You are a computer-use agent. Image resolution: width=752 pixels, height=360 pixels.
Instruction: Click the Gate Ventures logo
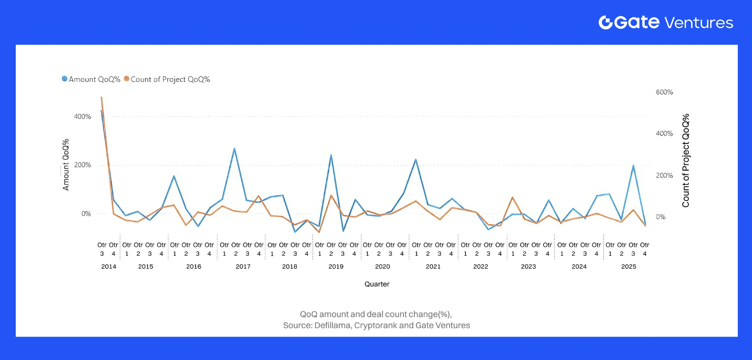coord(665,22)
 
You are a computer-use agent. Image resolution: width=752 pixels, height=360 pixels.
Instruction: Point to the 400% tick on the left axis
coord(82,116)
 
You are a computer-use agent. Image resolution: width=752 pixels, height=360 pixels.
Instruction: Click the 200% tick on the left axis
coord(82,165)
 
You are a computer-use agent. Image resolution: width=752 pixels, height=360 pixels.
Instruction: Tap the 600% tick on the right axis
coord(664,92)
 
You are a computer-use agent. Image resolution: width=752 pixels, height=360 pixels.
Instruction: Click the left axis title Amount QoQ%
coord(66,164)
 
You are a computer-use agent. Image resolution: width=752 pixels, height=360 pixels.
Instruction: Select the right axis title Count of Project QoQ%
coord(686,160)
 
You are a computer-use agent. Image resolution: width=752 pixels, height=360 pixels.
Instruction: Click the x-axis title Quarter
coord(377,284)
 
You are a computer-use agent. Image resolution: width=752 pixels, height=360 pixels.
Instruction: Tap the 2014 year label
coord(108,267)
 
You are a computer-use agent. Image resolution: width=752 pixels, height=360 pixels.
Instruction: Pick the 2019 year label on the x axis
coord(336,267)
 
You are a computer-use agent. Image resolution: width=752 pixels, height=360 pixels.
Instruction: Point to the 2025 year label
coord(628,267)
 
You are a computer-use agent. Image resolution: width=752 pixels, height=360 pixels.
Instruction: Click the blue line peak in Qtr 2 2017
coord(235,149)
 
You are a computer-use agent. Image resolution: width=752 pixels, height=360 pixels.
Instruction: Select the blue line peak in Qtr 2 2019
coord(331,155)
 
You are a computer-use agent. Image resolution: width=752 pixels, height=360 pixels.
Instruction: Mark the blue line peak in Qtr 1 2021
coord(416,160)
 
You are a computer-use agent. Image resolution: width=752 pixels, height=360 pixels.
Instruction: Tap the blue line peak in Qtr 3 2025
coord(633,166)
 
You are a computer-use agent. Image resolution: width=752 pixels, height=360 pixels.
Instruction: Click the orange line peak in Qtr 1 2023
coord(513,198)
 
